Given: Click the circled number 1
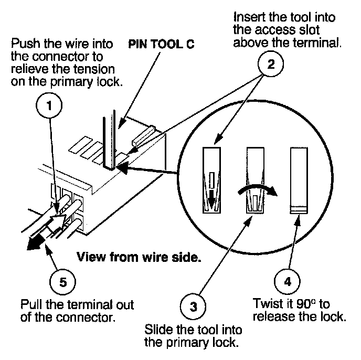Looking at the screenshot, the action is coord(49,105).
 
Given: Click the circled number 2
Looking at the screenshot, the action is coord(271,64).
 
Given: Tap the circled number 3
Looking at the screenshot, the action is coord(193,306).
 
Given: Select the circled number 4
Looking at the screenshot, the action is coord(287,281).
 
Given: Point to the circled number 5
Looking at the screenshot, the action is coord(62,282).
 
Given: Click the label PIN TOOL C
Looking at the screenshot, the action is coord(161,44).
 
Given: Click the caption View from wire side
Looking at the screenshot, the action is coord(139,257).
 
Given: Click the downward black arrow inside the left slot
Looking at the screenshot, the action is coord(211,196).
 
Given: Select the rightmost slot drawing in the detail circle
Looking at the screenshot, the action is coord(299,181).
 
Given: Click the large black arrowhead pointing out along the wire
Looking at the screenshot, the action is coord(35,242).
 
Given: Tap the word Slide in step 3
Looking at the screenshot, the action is coord(158,330).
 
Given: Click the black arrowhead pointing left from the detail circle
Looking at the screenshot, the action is coord(122,167).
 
